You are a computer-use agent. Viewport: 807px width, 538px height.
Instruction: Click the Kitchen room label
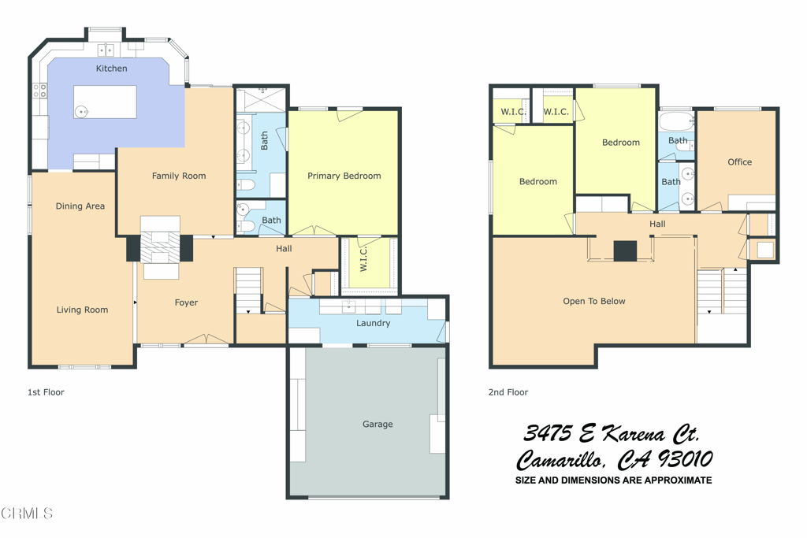(111, 69)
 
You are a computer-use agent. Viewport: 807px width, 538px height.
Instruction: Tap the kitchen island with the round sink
(105, 102)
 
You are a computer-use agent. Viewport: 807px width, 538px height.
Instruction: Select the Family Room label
(179, 176)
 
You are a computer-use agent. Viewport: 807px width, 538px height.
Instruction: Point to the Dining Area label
(80, 206)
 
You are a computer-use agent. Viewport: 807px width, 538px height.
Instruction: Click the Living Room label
(82, 310)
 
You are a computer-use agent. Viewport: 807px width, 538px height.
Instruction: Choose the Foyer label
(186, 302)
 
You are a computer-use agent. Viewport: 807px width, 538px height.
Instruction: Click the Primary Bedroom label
(344, 176)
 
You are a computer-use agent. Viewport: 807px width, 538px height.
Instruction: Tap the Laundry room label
(373, 323)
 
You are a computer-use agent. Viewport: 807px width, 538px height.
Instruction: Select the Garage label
(377, 424)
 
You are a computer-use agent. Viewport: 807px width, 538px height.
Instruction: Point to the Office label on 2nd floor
(739, 161)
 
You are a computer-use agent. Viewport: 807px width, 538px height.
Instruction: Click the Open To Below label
(593, 301)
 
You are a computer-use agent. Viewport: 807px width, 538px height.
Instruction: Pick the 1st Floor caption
(46, 392)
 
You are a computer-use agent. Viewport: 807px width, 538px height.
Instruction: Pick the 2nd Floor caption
(508, 392)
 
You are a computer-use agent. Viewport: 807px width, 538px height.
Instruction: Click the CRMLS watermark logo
(27, 514)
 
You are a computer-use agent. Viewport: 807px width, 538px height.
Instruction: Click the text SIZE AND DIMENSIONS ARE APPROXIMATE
(613, 480)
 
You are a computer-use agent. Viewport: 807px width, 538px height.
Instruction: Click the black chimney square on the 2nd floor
(625, 250)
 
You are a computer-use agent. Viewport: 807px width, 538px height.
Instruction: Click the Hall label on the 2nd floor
(657, 224)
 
